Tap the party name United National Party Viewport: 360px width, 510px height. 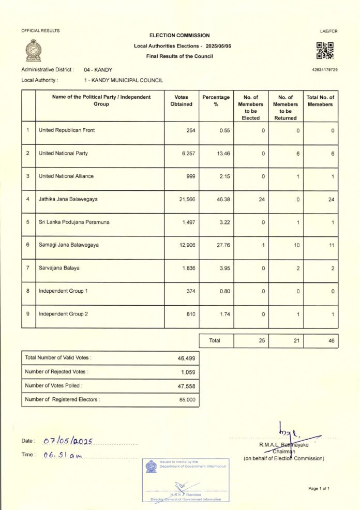point(63,154)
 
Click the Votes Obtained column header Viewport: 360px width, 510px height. point(181,101)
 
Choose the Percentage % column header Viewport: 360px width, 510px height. point(216,101)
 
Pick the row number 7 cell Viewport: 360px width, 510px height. point(28,268)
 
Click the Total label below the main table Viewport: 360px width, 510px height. point(215,341)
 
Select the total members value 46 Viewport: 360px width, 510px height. point(331,341)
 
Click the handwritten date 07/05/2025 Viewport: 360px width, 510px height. point(68,441)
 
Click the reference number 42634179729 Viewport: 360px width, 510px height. point(325,69)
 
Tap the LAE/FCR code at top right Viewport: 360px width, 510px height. point(329,32)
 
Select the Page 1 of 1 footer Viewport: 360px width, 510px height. point(319,488)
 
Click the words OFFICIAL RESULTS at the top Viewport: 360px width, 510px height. point(40,31)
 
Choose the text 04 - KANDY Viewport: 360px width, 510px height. point(98,69)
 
